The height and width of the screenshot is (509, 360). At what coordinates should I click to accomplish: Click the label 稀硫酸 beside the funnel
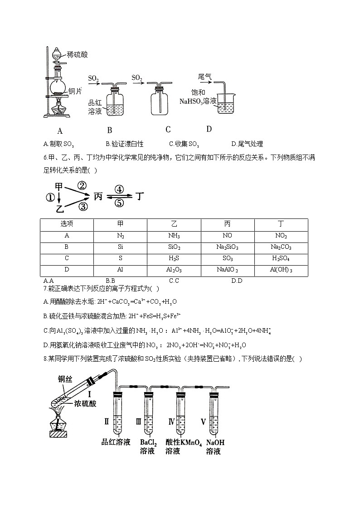[77, 54]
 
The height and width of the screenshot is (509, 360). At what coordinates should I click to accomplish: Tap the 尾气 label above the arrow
[205, 77]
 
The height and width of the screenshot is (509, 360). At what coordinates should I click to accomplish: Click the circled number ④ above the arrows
[119, 189]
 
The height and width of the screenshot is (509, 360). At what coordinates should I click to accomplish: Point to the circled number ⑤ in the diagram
[119, 203]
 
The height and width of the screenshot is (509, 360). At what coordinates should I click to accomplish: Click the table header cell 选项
[67, 225]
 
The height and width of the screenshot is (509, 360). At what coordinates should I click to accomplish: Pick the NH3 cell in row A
[174, 236]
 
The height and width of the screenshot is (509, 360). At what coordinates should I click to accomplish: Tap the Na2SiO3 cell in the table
[228, 247]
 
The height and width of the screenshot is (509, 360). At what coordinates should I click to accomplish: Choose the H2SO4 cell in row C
[281, 259]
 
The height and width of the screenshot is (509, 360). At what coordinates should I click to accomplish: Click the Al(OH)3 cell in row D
[281, 270]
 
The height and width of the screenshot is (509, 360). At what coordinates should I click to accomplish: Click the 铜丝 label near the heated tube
[65, 379]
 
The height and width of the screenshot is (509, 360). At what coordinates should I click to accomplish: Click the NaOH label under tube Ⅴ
[215, 442]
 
